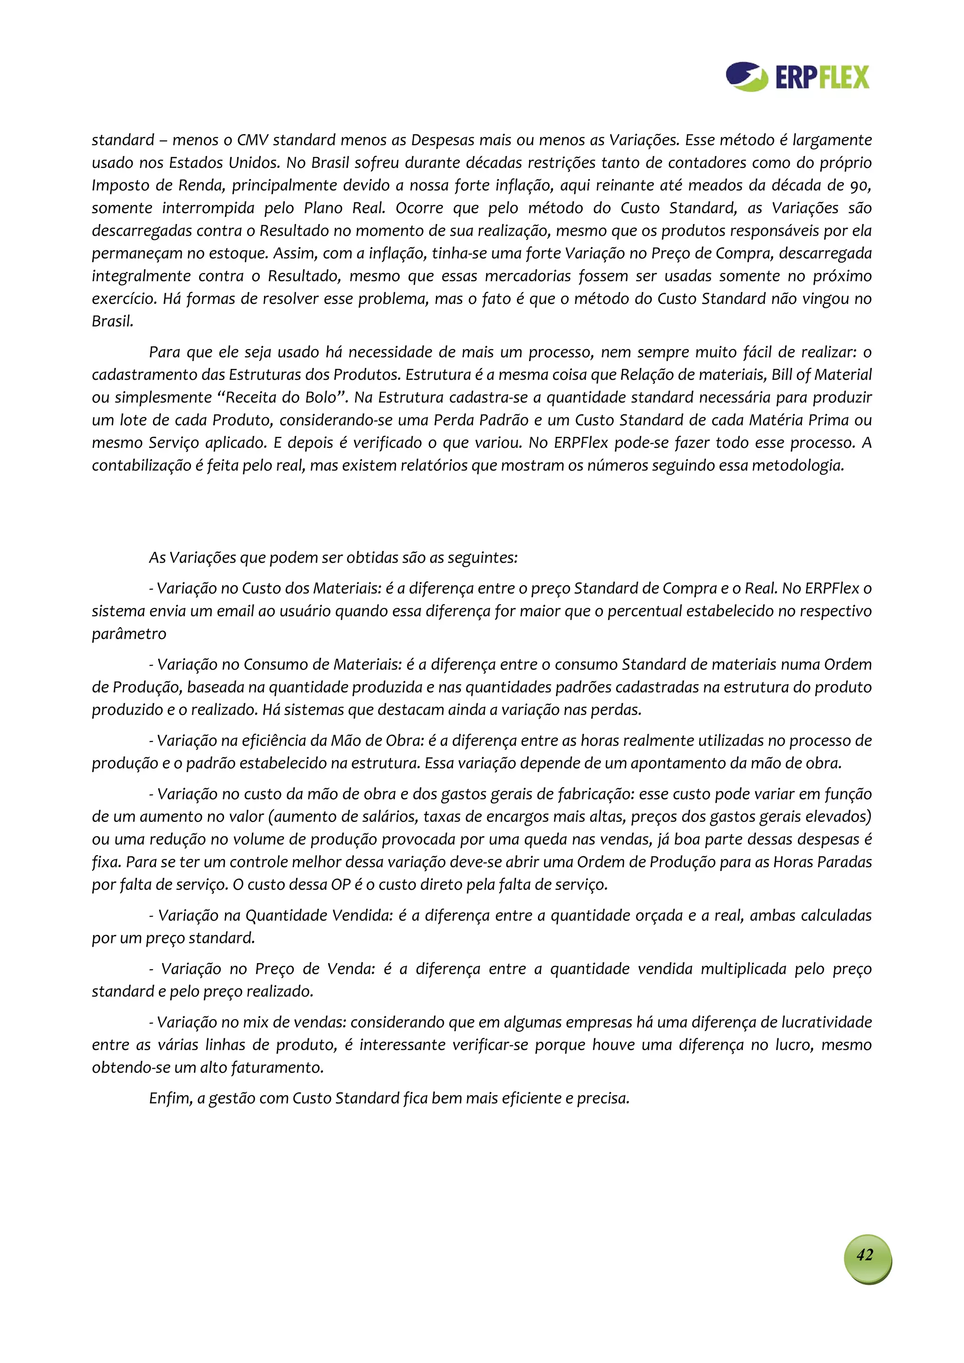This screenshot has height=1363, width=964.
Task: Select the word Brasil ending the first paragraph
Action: [x=112, y=322]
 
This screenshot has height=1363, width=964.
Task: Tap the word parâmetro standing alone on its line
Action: [x=129, y=634]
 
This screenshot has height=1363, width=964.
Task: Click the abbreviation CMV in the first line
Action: [x=252, y=141]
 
